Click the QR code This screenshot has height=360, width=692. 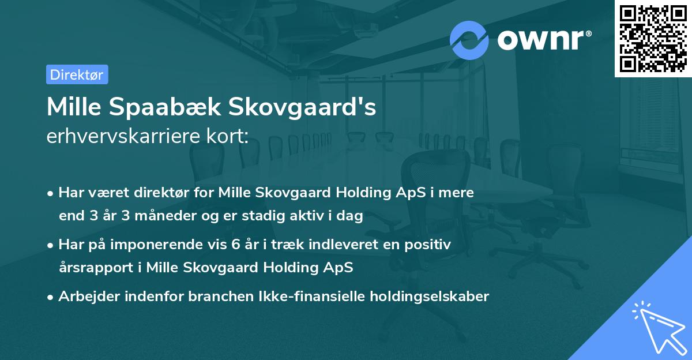tap(653, 39)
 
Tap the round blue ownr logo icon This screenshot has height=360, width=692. tap(469, 40)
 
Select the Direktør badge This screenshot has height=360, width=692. tap(77, 74)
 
